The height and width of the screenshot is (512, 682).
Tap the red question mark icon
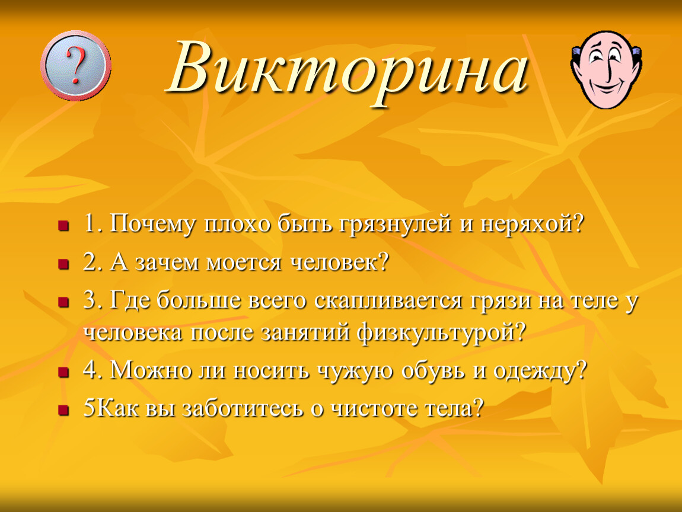[76, 66]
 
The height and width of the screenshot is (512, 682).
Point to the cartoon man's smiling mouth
[606, 87]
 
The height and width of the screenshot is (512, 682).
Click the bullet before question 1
[64, 226]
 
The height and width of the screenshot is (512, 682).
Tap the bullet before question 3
[64, 302]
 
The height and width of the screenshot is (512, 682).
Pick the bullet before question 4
[64, 373]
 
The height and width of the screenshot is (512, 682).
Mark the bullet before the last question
[64, 410]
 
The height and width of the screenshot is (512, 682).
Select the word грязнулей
[395, 225]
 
